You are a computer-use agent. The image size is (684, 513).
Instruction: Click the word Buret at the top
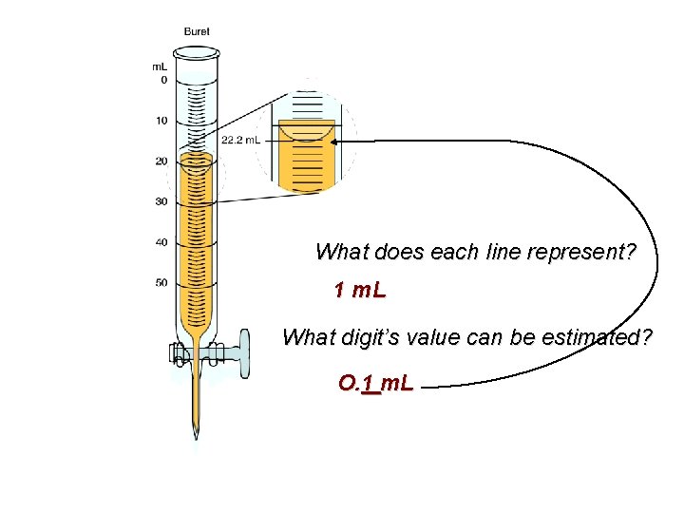tap(197, 31)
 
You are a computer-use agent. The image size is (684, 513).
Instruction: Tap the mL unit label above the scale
tap(161, 66)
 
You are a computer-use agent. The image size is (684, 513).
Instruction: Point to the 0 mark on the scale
tap(163, 81)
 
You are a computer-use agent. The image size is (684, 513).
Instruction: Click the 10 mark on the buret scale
tap(161, 121)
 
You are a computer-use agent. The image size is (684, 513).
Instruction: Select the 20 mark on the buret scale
tap(161, 161)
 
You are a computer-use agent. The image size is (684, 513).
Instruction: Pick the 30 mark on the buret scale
tap(161, 201)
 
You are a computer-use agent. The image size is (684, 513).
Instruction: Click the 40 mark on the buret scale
tap(161, 242)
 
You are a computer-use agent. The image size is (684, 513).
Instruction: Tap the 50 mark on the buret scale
tap(161, 282)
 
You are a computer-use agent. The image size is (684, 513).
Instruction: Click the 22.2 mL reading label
tap(241, 141)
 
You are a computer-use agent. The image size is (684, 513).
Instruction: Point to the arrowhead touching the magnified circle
tap(337, 142)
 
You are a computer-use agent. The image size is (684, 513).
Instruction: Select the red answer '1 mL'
tap(360, 290)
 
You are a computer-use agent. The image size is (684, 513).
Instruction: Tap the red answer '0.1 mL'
tap(375, 384)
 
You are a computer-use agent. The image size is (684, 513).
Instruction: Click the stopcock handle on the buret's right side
tap(244, 352)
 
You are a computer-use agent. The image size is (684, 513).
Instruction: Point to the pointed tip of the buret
tap(197, 435)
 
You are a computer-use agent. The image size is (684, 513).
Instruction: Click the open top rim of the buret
tap(197, 52)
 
